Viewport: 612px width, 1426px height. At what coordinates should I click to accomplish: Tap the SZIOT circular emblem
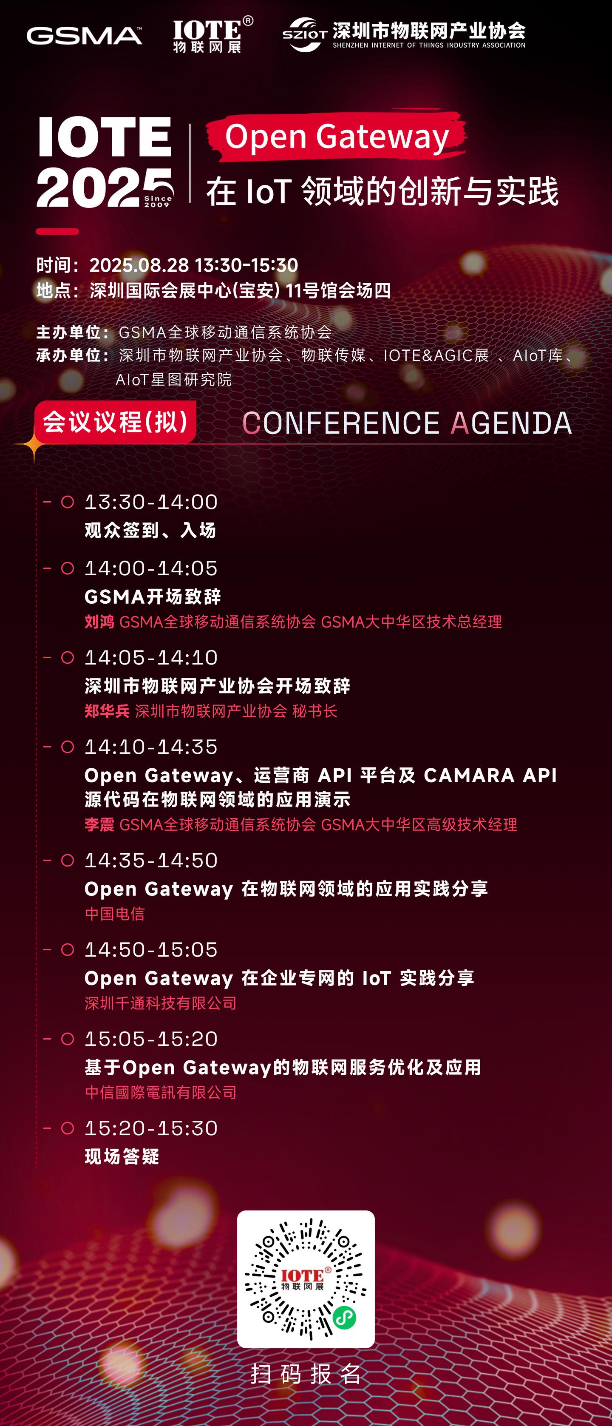305,34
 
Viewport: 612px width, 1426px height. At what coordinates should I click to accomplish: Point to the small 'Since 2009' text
158,201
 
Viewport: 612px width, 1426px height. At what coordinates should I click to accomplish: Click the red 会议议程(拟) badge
115,422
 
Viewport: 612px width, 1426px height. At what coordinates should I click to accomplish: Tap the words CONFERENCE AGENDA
407,423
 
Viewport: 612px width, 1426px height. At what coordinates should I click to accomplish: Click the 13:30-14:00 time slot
151,502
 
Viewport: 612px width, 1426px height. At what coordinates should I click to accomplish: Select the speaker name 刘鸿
99,622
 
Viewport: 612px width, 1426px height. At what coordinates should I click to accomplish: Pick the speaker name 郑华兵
107,711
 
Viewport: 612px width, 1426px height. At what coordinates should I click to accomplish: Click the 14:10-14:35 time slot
151,747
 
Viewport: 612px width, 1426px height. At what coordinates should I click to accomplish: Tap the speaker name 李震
99,824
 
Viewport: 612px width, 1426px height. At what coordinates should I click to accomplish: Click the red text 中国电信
115,913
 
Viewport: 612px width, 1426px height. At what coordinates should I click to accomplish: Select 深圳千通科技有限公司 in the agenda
161,1003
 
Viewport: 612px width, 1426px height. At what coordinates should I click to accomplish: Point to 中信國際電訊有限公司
161,1092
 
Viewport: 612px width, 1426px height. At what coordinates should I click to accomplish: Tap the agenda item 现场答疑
122,1156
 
